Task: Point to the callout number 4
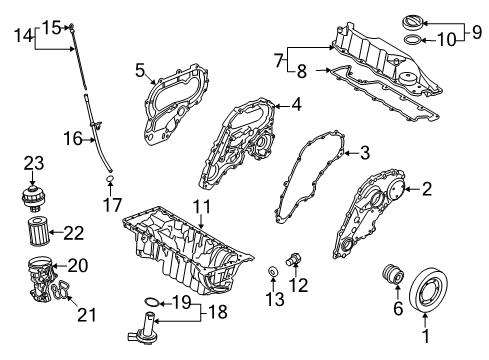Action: click(295, 103)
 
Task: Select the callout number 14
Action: click(22, 33)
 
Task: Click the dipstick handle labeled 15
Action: click(74, 30)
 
